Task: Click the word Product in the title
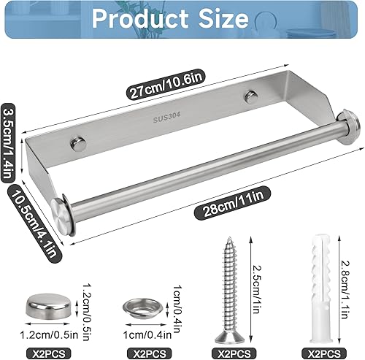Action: [140, 19]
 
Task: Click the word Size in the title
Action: [224, 19]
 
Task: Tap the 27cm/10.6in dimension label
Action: [166, 83]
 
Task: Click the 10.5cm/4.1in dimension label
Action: [34, 223]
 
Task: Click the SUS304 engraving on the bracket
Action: [167, 118]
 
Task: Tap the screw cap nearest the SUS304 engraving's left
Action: [78, 145]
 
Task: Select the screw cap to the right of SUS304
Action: [252, 97]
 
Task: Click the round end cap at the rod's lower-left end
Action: [63, 215]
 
